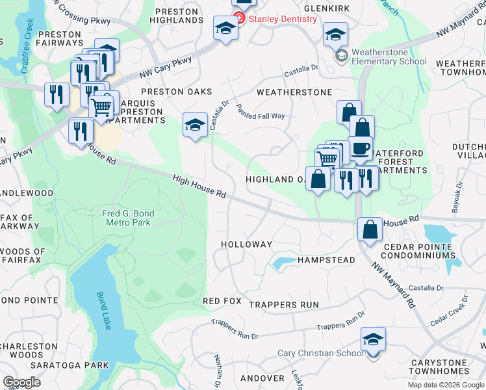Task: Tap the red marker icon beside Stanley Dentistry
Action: point(240,18)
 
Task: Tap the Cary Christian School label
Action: point(320,354)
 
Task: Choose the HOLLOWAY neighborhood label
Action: point(246,244)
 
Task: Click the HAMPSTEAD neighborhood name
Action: point(326,260)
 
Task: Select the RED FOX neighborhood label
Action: point(222,302)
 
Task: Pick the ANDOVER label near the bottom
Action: point(262,378)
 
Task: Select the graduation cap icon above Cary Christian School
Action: point(373,339)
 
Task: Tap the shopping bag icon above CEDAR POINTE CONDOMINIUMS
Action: point(370,229)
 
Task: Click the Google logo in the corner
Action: point(21,382)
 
